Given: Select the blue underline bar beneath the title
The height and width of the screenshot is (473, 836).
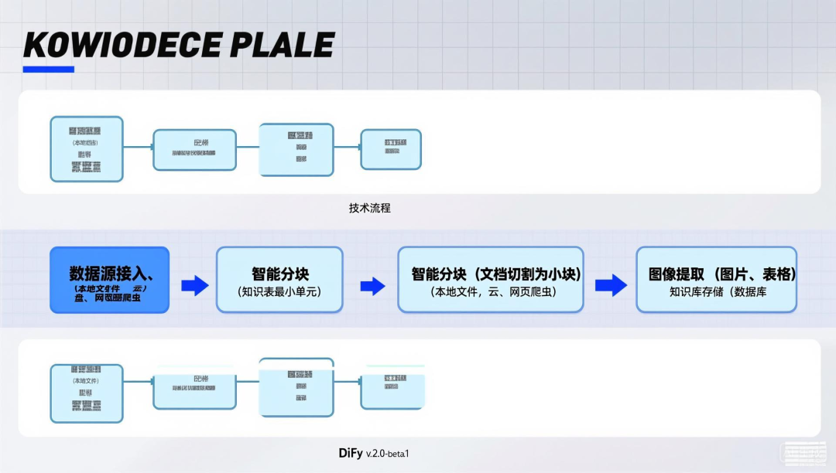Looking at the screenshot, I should click(48, 70).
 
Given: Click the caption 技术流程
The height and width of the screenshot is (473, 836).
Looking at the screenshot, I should click(369, 208).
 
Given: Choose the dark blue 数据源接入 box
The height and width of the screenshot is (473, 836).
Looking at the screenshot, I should click(109, 280).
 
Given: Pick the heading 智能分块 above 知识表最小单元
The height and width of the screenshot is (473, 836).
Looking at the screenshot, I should click(279, 274).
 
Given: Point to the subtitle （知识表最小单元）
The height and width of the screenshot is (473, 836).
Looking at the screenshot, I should click(279, 292).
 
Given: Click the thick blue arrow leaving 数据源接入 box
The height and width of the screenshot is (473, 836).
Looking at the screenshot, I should click(194, 286).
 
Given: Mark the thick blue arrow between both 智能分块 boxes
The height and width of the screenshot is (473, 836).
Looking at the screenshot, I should click(372, 286).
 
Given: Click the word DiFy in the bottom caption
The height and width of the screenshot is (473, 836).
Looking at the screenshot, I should click(351, 452).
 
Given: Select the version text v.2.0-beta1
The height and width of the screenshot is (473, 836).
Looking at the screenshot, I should click(387, 453).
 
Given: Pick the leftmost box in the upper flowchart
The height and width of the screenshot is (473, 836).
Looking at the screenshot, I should click(86, 149).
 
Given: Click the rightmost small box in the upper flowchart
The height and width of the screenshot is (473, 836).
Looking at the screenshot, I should click(391, 148).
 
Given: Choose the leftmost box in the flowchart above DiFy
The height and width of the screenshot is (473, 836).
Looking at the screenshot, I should click(86, 393).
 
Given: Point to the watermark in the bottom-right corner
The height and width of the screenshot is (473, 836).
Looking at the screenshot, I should click(803, 454).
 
